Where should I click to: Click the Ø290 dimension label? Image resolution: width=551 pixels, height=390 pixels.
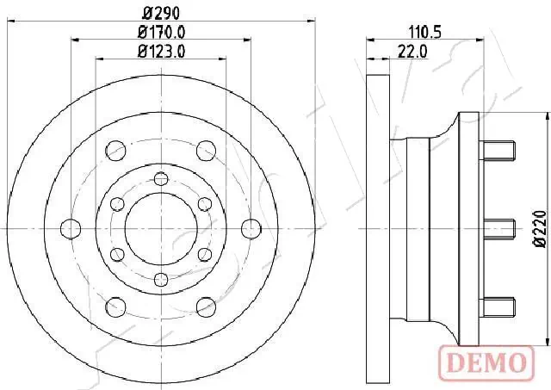[161, 14]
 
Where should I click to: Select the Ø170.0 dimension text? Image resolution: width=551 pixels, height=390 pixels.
[161, 33]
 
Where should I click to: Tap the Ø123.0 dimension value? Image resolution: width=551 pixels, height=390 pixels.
[161, 52]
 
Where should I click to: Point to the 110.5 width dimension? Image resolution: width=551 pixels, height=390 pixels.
[424, 33]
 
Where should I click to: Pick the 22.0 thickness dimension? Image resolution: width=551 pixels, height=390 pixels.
[412, 52]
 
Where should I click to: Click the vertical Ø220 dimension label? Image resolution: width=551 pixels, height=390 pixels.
[540, 229]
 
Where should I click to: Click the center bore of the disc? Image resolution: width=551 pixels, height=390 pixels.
[161, 229]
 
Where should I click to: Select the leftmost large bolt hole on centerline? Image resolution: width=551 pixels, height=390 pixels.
[71, 229]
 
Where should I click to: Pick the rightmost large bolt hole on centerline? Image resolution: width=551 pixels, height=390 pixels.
[251, 229]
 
